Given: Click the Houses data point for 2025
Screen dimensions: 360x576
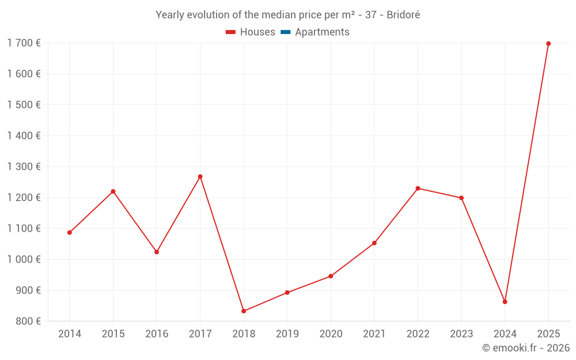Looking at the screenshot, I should coord(548,44).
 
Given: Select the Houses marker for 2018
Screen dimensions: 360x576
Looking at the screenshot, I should coord(244,311).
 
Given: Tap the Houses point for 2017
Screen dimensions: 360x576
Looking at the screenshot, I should coord(200,177).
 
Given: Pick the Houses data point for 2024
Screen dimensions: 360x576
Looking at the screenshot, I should coord(505,302).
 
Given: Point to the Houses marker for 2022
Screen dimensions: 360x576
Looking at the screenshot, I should coord(418,188).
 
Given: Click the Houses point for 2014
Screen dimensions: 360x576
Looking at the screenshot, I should coord(70,233).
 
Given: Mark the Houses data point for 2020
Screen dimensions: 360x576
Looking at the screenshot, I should coord(331,276).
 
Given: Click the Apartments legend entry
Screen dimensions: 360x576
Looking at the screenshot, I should coord(322,32).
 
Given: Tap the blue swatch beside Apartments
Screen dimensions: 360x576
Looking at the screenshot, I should coord(286,32).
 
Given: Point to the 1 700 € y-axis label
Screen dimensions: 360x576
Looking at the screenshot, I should coord(24,43).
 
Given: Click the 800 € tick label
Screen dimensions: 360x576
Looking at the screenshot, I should coord(27,321).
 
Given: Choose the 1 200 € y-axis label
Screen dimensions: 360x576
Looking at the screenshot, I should coord(24,198).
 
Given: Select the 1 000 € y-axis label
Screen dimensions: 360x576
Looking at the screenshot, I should coord(24,259).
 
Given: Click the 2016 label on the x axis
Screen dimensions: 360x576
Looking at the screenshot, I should coord(157,334).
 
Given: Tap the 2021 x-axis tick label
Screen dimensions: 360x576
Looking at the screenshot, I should coord(374,334).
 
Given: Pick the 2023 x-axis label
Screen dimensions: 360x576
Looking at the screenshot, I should coord(461,334).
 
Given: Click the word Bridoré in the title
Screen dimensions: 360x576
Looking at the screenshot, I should coord(403,15).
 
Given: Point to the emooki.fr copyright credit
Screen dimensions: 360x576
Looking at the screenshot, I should coord(526,348).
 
